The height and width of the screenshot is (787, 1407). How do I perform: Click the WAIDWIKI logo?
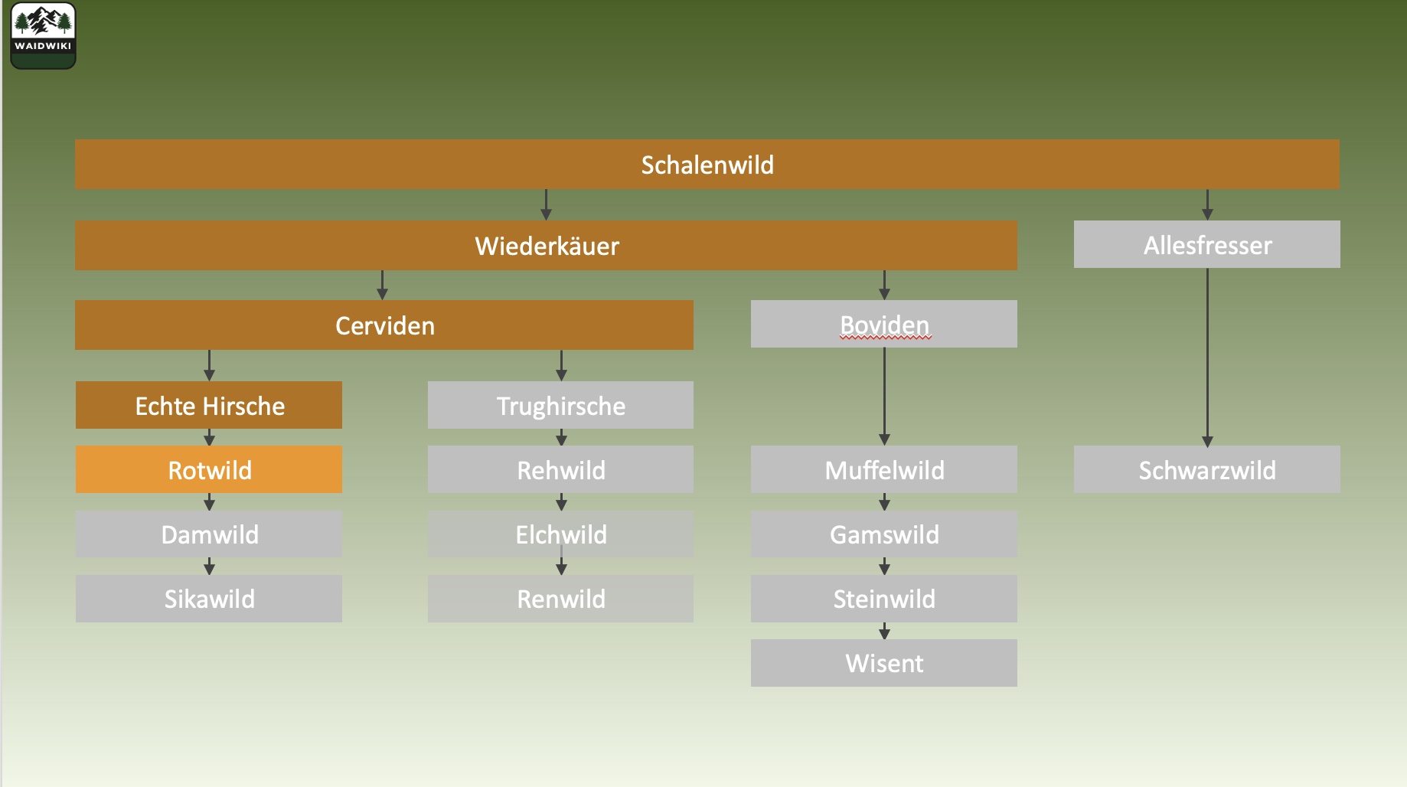[43, 35]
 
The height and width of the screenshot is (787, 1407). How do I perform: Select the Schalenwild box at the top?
[707, 165]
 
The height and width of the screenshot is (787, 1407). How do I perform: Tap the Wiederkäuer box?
[546, 246]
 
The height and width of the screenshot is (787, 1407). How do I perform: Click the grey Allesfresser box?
[1206, 245]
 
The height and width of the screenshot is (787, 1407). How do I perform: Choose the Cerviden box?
[384, 325]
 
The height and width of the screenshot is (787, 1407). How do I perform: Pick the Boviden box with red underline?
[883, 324]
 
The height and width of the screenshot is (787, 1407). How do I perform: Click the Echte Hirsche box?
[209, 405]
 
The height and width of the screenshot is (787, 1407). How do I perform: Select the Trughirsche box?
[560, 405]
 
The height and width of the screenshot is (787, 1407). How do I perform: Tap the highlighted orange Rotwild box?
[209, 469]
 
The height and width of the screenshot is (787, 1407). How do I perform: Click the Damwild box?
[209, 534]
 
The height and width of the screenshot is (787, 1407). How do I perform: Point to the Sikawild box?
[209, 598]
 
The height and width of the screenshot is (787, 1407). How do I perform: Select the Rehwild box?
[560, 469]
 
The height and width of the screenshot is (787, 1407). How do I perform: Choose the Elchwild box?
[560, 534]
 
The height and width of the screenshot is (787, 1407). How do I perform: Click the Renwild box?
[560, 598]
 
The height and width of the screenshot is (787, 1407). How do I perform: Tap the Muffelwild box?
[883, 469]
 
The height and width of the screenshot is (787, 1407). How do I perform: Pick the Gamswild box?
[883, 534]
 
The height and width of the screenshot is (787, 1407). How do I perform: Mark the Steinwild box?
[883, 598]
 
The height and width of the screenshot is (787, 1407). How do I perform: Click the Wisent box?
[883, 662]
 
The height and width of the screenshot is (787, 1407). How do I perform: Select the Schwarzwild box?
[1206, 469]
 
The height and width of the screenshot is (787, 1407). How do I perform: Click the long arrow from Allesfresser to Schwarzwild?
[1207, 356]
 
